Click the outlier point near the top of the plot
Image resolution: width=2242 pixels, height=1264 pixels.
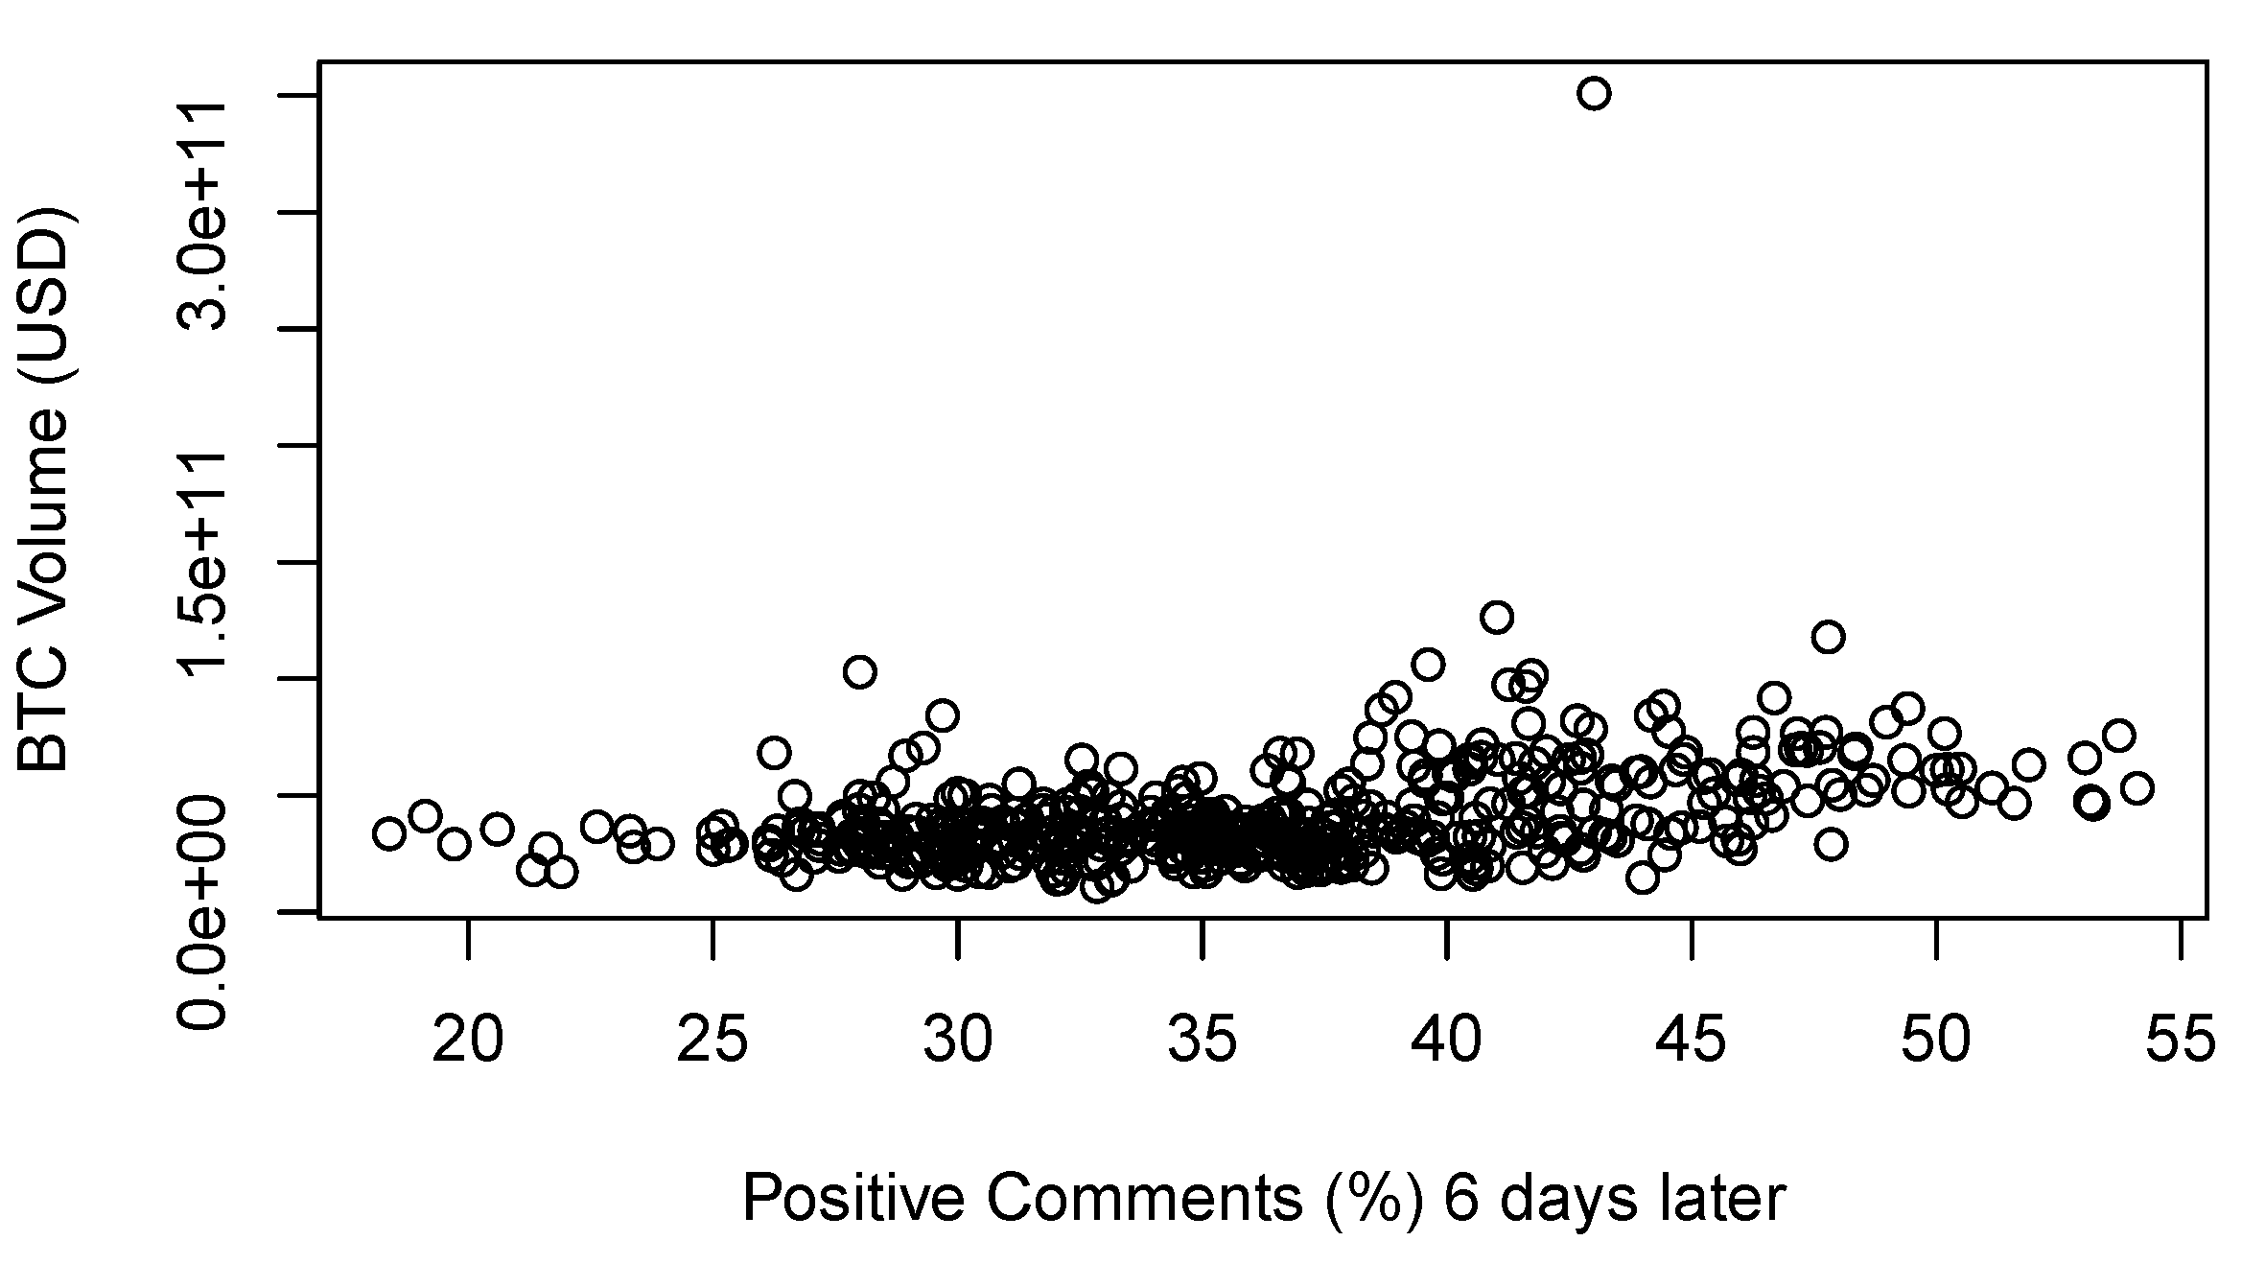click(x=1594, y=94)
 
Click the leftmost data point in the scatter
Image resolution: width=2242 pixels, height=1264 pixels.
click(x=388, y=833)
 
